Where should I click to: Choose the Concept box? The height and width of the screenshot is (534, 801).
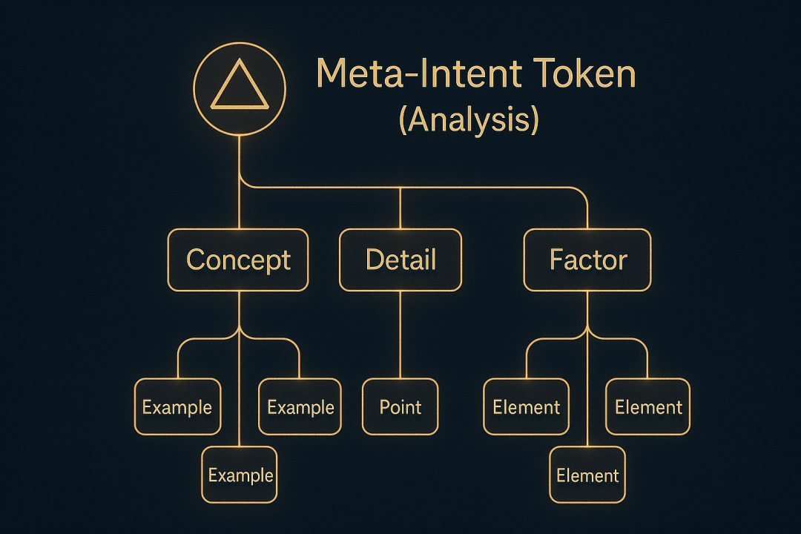(x=238, y=260)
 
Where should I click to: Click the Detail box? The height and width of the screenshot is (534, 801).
(x=400, y=260)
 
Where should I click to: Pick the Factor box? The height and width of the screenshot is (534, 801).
(x=587, y=260)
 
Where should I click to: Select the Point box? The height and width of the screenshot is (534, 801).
(x=400, y=407)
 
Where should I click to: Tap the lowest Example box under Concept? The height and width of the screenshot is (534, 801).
(x=240, y=475)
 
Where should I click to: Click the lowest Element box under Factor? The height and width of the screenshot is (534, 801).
(x=587, y=475)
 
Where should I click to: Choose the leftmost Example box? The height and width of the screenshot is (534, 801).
(x=177, y=407)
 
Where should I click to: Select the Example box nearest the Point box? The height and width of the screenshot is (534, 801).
(x=300, y=407)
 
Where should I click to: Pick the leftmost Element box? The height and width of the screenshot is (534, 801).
(x=526, y=407)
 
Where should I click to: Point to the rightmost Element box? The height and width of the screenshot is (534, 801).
(x=648, y=407)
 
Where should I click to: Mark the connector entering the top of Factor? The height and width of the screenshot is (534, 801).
(x=587, y=215)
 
